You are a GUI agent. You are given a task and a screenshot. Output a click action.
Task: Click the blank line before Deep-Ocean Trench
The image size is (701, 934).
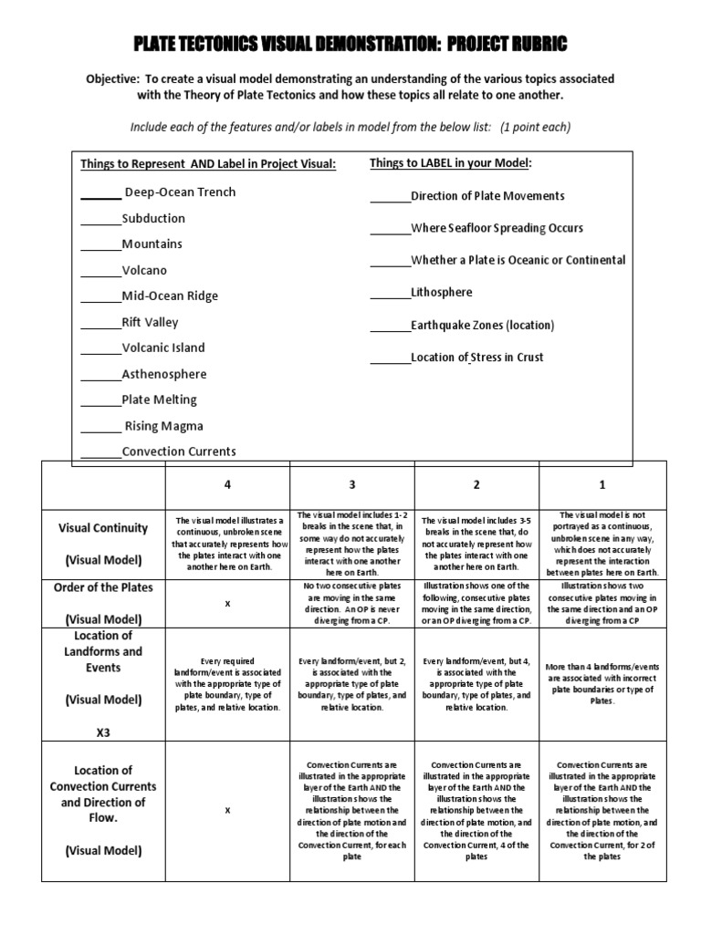tap(100, 193)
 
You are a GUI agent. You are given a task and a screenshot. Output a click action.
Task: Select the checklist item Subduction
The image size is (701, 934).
tap(153, 219)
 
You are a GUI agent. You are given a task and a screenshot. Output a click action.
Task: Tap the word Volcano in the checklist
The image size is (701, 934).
tap(144, 271)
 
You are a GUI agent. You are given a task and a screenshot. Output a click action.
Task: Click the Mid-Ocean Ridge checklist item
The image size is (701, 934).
tap(170, 296)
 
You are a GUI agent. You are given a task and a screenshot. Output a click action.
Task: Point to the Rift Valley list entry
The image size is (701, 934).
tap(150, 322)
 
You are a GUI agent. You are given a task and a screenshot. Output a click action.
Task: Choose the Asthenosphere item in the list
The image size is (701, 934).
tap(164, 374)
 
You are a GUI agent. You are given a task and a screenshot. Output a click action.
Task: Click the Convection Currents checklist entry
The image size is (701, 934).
tap(179, 451)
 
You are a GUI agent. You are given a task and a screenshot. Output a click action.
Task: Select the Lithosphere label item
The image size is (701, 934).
tap(442, 293)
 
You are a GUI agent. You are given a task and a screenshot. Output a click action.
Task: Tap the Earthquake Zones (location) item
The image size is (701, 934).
tap(482, 326)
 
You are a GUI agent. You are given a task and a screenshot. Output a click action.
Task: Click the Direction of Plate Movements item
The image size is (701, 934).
tap(487, 196)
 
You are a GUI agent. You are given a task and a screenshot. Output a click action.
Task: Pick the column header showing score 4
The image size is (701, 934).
tap(227, 484)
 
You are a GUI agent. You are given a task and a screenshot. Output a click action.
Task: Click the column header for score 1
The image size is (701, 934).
tap(602, 484)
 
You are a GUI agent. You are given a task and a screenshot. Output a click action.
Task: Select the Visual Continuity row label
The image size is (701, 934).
tap(102, 527)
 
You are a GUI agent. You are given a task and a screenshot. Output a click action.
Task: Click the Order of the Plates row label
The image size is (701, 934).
tap(102, 587)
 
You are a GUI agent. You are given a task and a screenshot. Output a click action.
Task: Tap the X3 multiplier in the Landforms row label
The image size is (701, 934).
tap(102, 732)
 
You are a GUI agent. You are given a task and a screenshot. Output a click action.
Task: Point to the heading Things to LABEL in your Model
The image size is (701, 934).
tap(450, 163)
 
